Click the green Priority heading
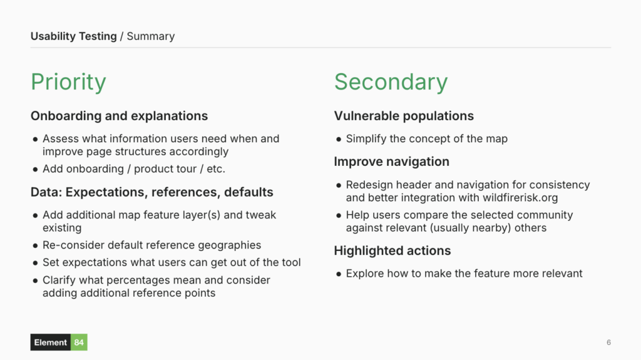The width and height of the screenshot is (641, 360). coord(68,82)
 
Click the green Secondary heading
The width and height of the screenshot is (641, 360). coord(391,82)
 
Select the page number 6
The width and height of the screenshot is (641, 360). coord(608,342)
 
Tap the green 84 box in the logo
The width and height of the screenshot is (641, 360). coord(79,342)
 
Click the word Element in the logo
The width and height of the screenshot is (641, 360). coord(51,342)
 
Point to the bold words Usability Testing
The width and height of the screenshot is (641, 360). coord(73,36)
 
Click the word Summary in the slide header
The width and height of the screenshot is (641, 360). coord(151,36)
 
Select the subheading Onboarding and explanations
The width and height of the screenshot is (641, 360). coord(119,116)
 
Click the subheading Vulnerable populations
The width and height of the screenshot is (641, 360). coord(404,116)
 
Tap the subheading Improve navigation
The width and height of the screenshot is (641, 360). coord(391,162)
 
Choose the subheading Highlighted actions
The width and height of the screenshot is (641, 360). coord(392,250)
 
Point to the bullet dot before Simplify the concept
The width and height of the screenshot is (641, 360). coord(339,140)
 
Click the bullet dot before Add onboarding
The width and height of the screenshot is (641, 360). coord(35,170)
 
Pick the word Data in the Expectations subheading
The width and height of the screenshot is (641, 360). coord(45,192)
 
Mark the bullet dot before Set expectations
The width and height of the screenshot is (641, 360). coord(35,263)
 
